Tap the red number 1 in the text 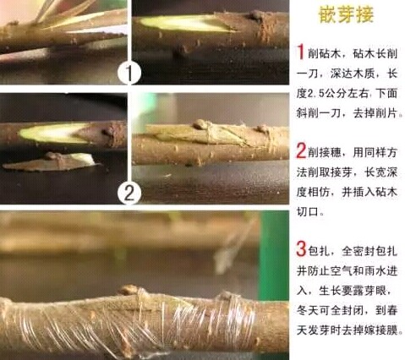pyautogui.click(x=302, y=51)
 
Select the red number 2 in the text pyautogui.click(x=302, y=152)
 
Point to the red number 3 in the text pyautogui.click(x=302, y=249)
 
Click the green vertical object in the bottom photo pyautogui.click(x=273, y=244)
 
